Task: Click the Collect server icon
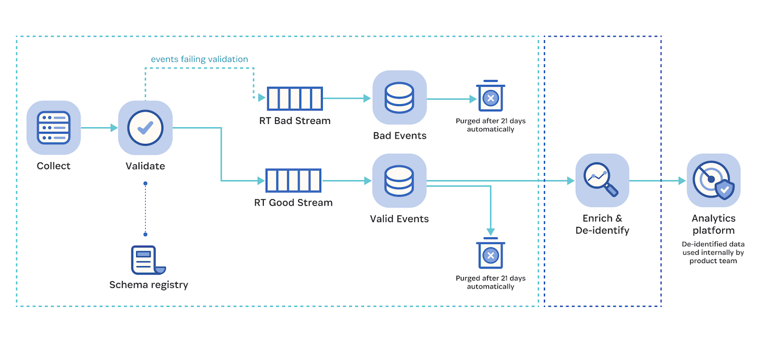tap(54, 128)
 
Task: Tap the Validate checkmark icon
tap(145, 128)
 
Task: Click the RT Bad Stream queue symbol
tap(295, 98)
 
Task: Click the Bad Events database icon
tap(399, 98)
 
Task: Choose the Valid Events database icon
tap(399, 180)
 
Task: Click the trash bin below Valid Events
tap(490, 255)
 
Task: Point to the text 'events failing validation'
tap(199, 59)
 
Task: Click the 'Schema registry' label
tap(148, 285)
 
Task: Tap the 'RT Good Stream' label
tap(293, 203)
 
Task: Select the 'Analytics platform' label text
tap(713, 224)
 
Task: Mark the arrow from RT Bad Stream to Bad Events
tap(347, 98)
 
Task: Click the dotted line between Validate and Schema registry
tap(145, 208)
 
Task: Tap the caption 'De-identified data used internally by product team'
tap(713, 252)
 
